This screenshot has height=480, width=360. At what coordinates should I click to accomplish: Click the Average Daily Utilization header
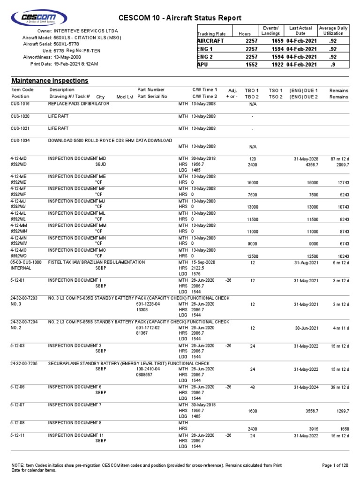click(x=334, y=31)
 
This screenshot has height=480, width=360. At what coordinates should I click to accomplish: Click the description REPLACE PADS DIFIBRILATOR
click(x=79, y=103)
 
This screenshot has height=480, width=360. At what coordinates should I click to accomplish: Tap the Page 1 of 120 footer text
click(x=335, y=465)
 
